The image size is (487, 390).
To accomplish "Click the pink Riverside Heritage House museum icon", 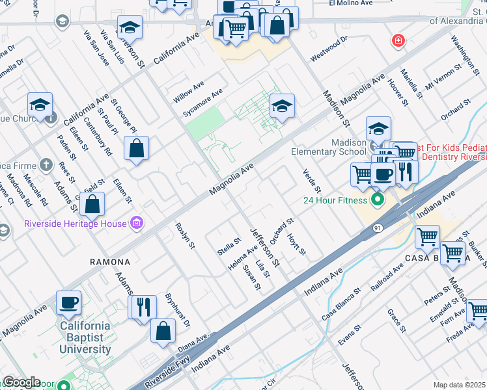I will tap(136, 224).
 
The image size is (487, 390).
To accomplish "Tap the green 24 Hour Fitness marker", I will tap(376, 199).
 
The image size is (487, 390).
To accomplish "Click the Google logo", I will tap(21, 382).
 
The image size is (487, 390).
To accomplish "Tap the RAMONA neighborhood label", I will tap(110, 261).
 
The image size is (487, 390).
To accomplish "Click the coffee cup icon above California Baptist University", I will tap(69, 302).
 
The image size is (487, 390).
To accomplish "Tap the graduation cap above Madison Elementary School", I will tap(378, 127).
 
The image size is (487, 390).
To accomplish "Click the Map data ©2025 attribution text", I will tap(459, 385).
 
